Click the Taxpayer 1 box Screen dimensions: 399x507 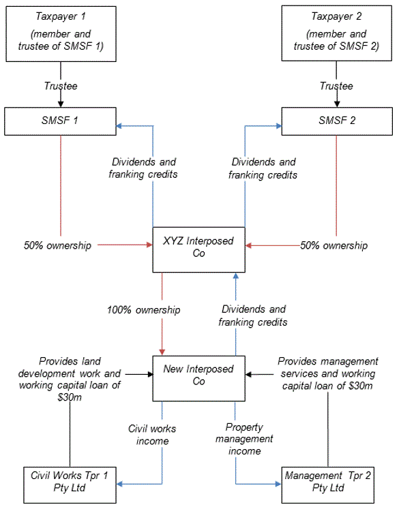(61, 33)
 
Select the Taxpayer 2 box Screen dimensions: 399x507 (336, 33)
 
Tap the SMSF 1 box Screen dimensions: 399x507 (60, 121)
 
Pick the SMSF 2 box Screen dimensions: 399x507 (337, 121)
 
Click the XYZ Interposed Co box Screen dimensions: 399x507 (198, 249)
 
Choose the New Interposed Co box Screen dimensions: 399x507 (198, 378)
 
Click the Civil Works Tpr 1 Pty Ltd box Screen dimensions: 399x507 (70, 485)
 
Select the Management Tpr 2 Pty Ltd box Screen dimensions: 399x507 (328, 485)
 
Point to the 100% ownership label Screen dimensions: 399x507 (144, 310)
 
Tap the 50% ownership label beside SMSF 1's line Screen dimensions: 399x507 (57, 245)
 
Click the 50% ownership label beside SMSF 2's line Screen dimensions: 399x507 (334, 245)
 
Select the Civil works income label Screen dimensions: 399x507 (152, 435)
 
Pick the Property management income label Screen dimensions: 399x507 (244, 439)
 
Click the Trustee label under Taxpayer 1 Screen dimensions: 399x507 (61, 86)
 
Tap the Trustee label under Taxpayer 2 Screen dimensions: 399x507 (336, 86)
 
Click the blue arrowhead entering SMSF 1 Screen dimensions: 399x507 (119, 125)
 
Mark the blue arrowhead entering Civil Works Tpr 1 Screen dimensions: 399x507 (119, 484)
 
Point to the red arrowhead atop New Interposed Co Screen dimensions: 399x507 (162, 352)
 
